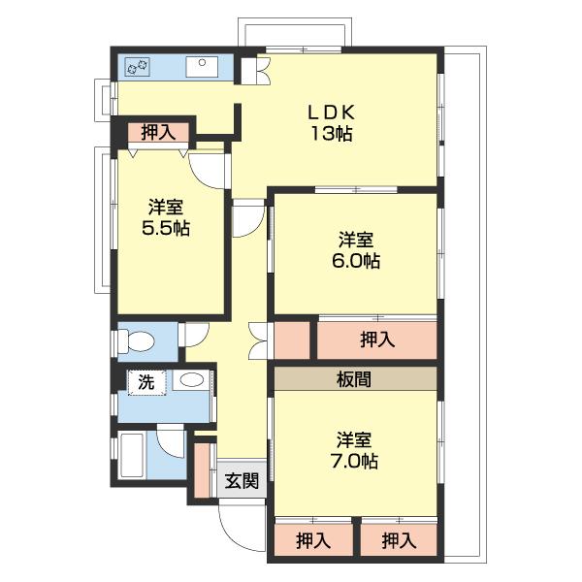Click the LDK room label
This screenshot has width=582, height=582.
(x=332, y=113)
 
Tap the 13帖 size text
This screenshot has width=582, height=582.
(x=332, y=134)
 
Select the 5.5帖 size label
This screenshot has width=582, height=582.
(x=166, y=228)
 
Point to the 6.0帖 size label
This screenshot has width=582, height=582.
(x=356, y=261)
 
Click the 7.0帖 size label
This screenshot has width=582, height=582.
(x=354, y=462)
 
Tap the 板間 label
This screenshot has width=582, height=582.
(x=354, y=379)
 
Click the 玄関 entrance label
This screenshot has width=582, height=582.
(x=242, y=481)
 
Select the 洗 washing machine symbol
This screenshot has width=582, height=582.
(x=147, y=382)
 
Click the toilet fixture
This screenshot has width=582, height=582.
(x=136, y=340)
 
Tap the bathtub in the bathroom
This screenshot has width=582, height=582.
(x=132, y=456)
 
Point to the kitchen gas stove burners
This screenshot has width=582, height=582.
(x=138, y=67)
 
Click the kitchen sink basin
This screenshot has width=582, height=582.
(x=202, y=67)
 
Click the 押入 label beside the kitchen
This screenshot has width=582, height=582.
(x=158, y=132)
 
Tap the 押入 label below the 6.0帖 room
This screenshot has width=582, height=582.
(x=377, y=339)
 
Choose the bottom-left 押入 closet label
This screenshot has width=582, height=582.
(x=313, y=541)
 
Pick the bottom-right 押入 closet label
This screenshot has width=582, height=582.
(x=399, y=541)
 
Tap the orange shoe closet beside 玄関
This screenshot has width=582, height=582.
(x=202, y=470)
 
